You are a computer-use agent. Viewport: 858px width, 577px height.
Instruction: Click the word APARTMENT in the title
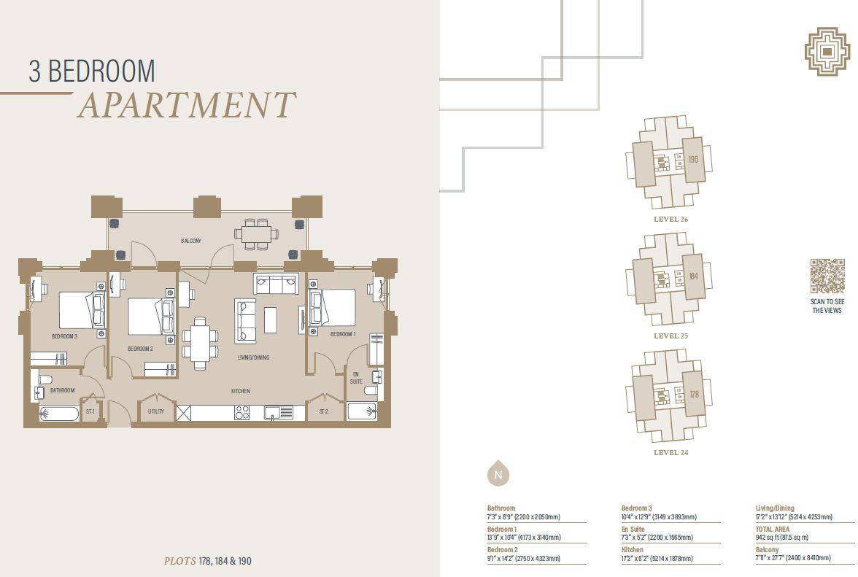(x=186, y=106)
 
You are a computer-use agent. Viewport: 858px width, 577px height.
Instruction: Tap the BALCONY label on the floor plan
(x=190, y=241)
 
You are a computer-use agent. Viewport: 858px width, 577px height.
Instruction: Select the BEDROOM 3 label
(x=64, y=336)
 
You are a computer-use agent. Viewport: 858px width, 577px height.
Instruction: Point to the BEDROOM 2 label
(x=140, y=349)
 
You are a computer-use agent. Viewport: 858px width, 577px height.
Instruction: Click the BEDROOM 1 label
(x=343, y=334)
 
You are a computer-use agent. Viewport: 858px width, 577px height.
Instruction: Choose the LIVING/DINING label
(x=253, y=357)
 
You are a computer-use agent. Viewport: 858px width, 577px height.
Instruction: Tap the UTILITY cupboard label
(x=156, y=411)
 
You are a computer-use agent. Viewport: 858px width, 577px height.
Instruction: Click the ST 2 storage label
(x=324, y=411)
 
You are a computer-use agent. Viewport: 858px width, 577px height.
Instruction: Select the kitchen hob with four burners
(x=241, y=412)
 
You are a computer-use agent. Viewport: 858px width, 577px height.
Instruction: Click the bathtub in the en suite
(x=362, y=412)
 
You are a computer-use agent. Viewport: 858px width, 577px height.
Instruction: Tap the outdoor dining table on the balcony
(x=256, y=233)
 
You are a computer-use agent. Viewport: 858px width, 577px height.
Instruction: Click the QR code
(x=827, y=276)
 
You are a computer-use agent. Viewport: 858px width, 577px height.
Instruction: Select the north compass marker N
(x=498, y=475)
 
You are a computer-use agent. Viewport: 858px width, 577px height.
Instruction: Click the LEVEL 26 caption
(x=670, y=220)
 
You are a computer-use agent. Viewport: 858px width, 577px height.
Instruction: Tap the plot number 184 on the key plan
(x=693, y=277)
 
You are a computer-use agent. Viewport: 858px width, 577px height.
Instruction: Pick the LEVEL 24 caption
(x=670, y=453)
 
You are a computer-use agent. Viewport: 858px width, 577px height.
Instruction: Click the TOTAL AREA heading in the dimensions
(x=772, y=529)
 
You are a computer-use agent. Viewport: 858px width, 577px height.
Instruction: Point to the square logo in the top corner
(x=827, y=52)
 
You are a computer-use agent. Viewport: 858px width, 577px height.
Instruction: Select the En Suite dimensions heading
(x=632, y=529)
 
